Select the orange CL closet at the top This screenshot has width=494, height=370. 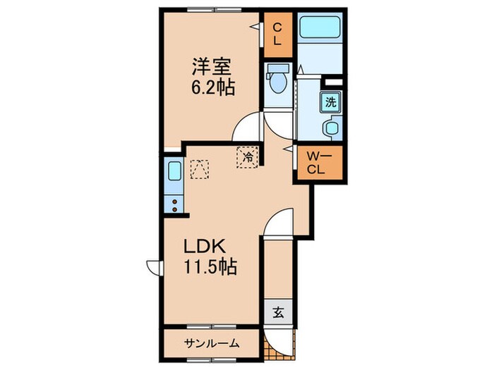[277, 33]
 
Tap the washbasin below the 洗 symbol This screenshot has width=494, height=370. [331, 129]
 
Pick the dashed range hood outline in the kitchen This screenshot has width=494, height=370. [200, 169]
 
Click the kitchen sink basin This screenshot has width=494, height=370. [174, 173]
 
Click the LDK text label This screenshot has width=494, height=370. [205, 247]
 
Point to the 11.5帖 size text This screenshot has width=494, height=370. [210, 268]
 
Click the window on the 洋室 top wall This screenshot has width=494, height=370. [211, 9]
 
